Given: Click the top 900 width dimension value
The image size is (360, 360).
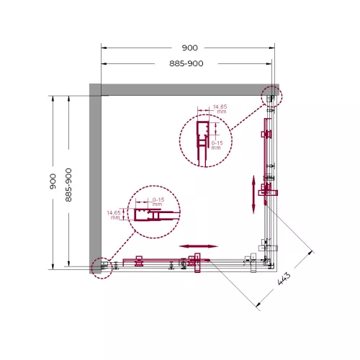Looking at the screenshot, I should (189, 48).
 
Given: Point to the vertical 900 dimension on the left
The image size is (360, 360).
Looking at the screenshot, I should (53, 181).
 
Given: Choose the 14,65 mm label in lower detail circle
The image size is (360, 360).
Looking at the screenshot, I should (114, 215).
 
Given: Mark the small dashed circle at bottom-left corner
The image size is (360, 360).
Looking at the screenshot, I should (103, 267).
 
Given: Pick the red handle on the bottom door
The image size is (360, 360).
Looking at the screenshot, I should (194, 261).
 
